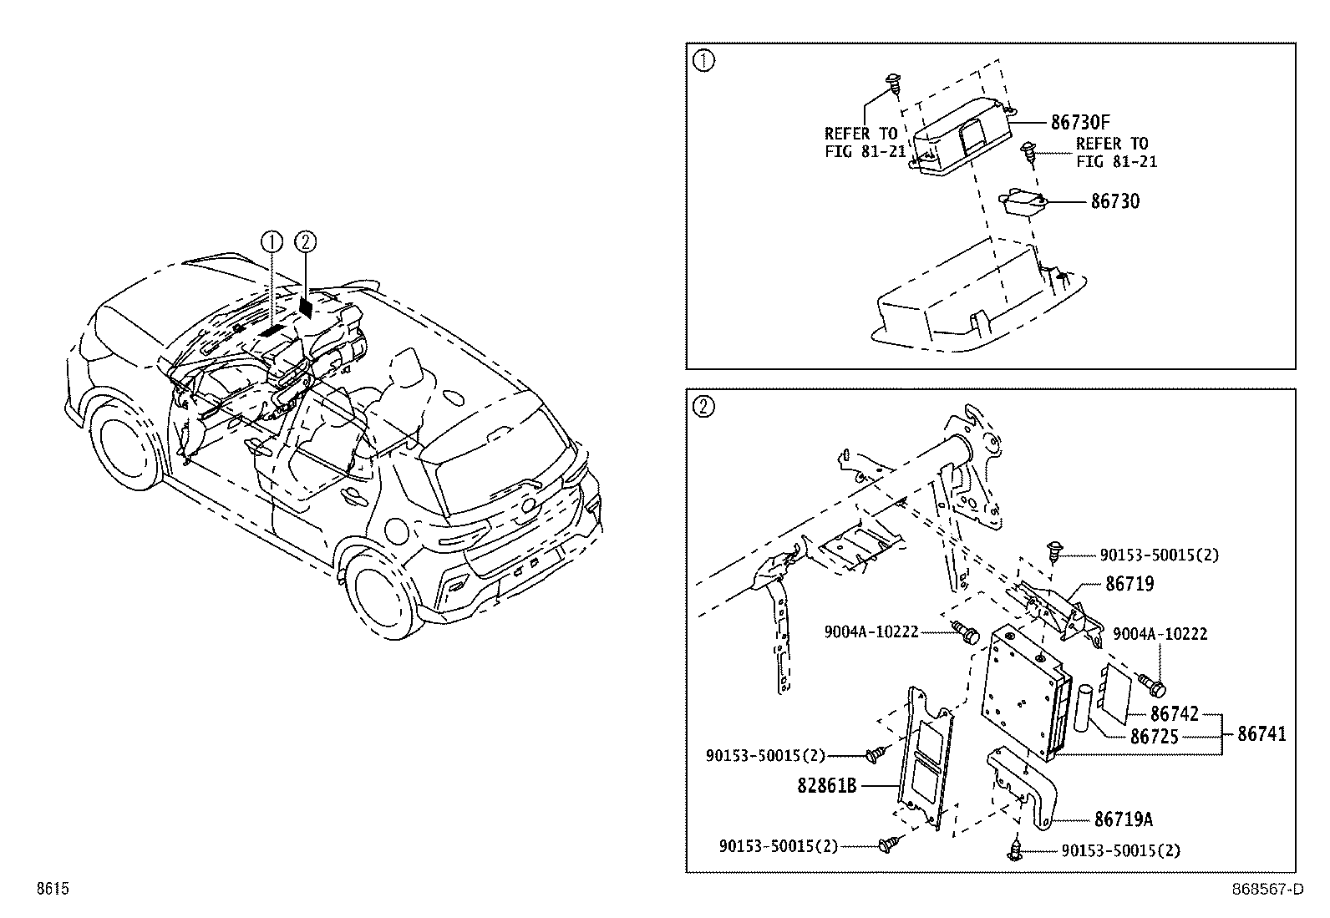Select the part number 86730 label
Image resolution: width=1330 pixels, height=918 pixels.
pyautogui.click(x=1114, y=201)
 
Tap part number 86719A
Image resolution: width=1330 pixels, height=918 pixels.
pyautogui.click(x=1124, y=819)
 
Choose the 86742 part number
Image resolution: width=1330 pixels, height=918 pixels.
pyautogui.click(x=1174, y=714)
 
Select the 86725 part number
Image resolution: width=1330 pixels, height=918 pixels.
pyautogui.click(x=1154, y=737)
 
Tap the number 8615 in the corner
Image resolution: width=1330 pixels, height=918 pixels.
pyautogui.click(x=52, y=890)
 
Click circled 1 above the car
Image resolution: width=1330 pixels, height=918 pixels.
pyautogui.click(x=272, y=242)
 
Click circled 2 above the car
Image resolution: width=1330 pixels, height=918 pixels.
pyautogui.click(x=306, y=242)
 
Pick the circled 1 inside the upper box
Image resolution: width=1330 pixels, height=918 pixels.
pyautogui.click(x=704, y=62)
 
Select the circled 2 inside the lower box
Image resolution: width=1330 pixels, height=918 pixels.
pyautogui.click(x=704, y=408)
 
